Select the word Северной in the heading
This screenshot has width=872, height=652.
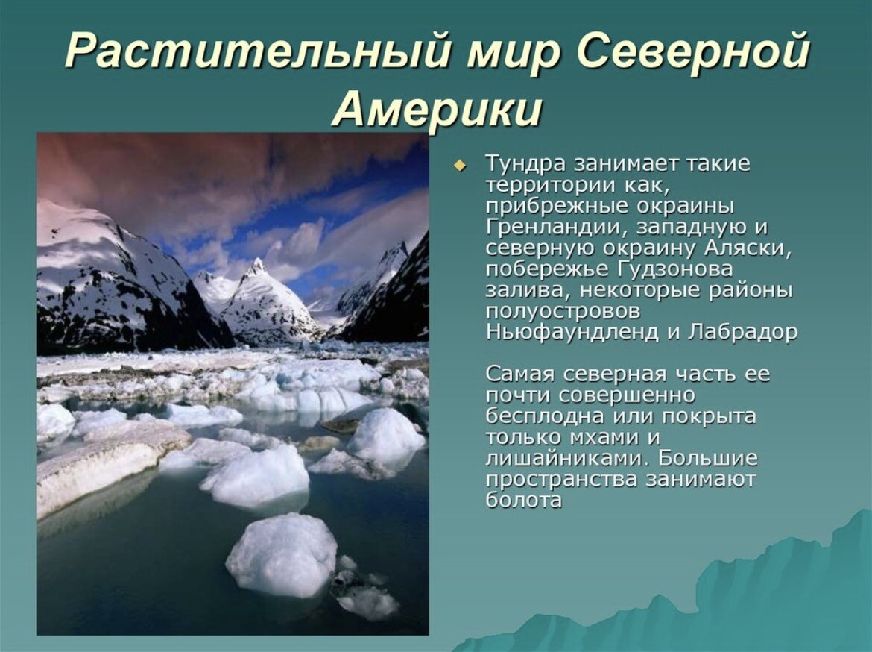point(688,50)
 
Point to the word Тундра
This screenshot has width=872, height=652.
point(526,164)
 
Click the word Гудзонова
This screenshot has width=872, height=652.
point(674,269)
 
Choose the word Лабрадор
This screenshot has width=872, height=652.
point(742,333)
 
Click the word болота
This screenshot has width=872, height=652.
point(524,500)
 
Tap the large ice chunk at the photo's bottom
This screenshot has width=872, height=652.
point(282,554)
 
